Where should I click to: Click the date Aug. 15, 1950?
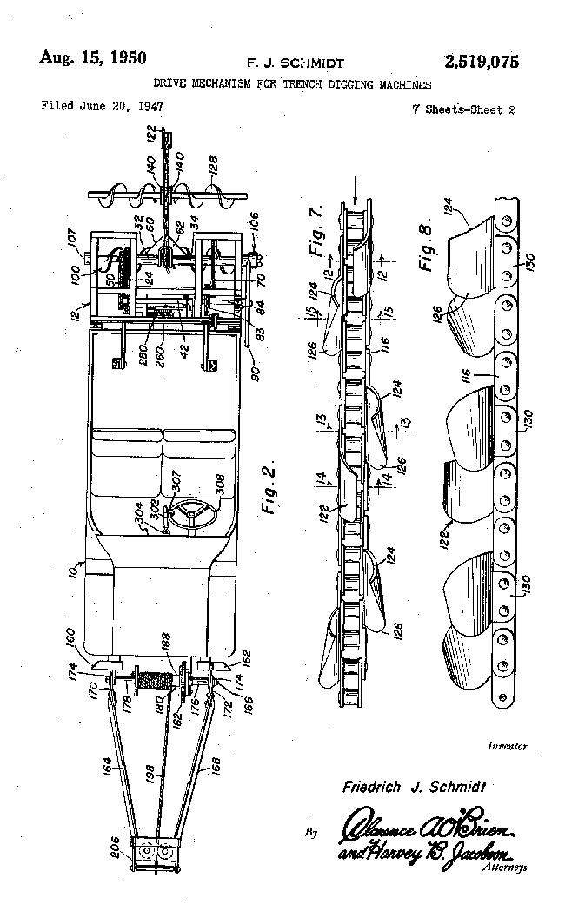[92, 59]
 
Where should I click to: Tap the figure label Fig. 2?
[270, 492]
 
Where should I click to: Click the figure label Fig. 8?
[427, 246]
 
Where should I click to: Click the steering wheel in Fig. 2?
[197, 515]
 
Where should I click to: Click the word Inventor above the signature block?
[508, 746]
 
